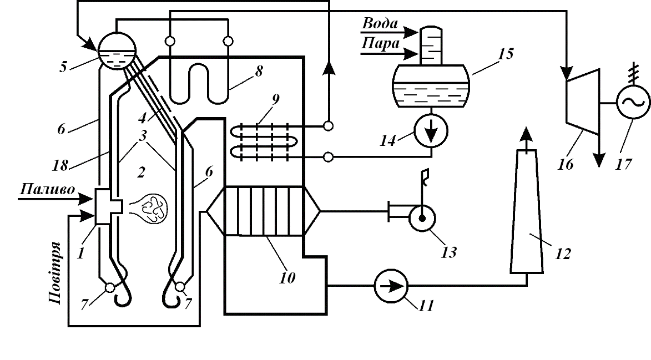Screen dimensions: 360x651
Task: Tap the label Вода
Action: tap(380, 25)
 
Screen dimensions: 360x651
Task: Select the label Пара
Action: tap(380, 43)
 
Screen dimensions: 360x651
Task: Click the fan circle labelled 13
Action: tap(425, 218)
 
